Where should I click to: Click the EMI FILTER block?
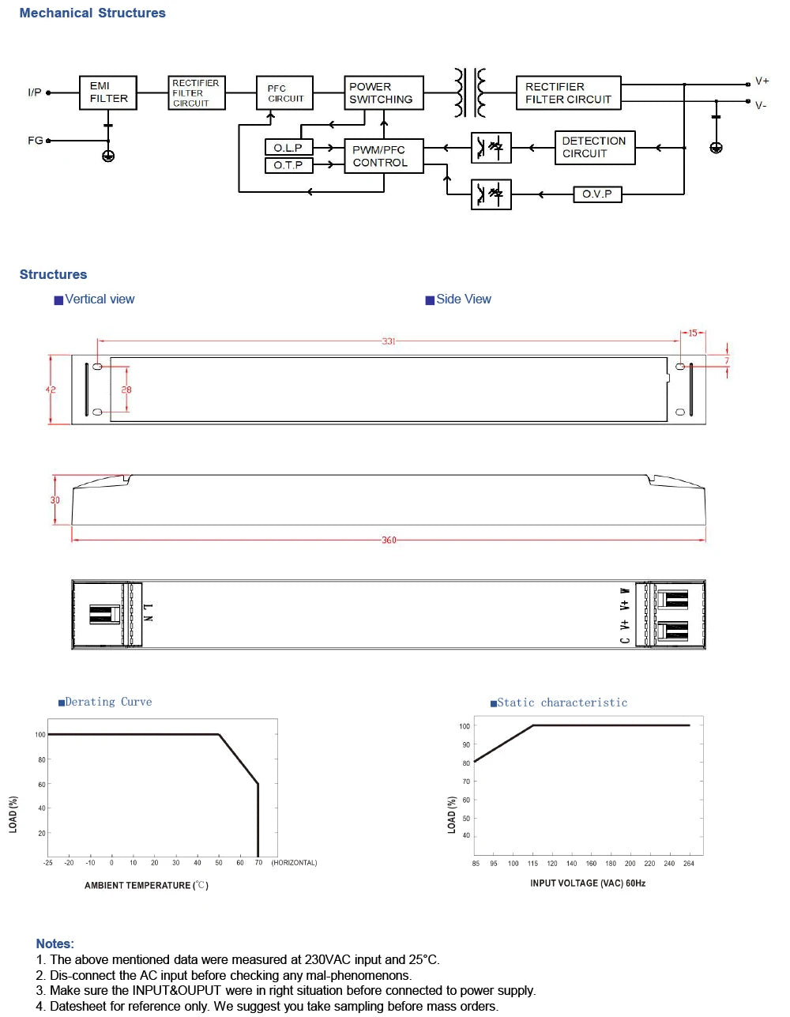pos(108,92)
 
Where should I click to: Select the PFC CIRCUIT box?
pos(285,92)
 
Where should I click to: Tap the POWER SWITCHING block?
pos(384,92)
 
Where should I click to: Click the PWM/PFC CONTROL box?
pos(384,156)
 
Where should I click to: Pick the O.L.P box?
pos(288,148)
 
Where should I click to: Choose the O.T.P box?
pos(288,164)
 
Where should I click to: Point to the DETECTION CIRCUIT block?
pos(595,148)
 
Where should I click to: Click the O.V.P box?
pos(597,194)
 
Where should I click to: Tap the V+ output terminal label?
pos(762,81)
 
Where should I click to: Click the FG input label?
pos(35,141)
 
